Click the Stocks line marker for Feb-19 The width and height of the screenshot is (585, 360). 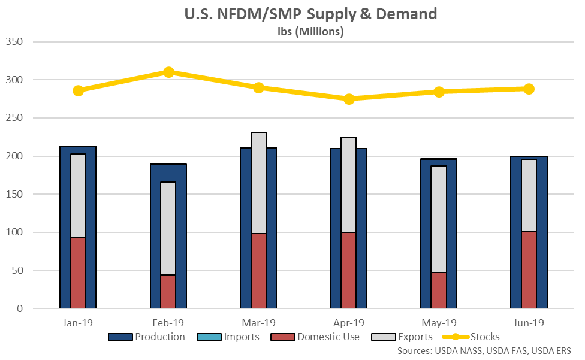[x=168, y=72]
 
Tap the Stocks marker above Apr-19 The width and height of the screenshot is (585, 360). [x=349, y=99]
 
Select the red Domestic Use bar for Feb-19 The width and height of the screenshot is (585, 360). [x=168, y=291]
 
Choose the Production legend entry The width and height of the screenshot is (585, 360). [x=147, y=337]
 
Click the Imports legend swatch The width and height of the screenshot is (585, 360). [x=204, y=337]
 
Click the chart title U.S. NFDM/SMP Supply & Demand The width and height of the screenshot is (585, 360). [x=310, y=14]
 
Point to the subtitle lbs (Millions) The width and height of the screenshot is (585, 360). [x=310, y=32]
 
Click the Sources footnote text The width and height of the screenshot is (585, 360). [x=484, y=350]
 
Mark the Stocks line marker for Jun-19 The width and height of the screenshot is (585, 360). [x=529, y=89]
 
